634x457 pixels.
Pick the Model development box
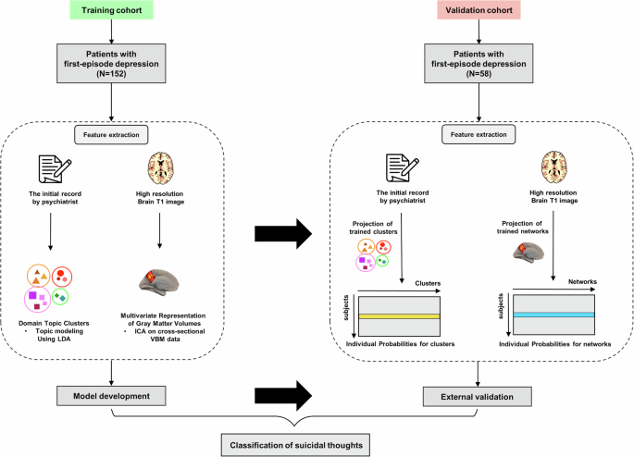click(x=110, y=396)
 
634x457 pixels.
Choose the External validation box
click(x=479, y=396)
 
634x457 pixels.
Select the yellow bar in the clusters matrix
click(x=397, y=316)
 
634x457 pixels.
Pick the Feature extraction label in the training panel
click(x=110, y=135)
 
